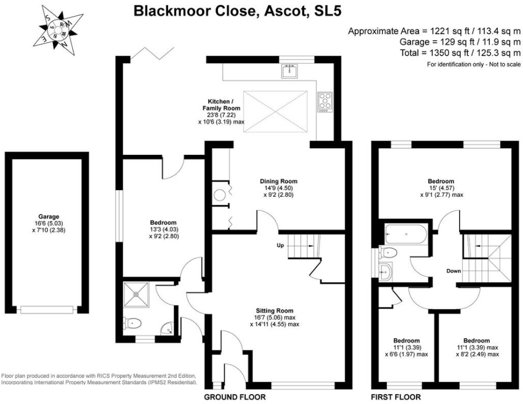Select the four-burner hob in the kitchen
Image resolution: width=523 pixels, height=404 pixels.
[x=325, y=103]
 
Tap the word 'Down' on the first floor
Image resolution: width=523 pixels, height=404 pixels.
[x=454, y=271]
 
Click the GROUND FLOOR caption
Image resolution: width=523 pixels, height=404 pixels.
[x=235, y=397]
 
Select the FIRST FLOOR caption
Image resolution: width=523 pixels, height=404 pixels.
[x=396, y=397]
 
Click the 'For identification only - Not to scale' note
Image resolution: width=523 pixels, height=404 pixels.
[x=473, y=64]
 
